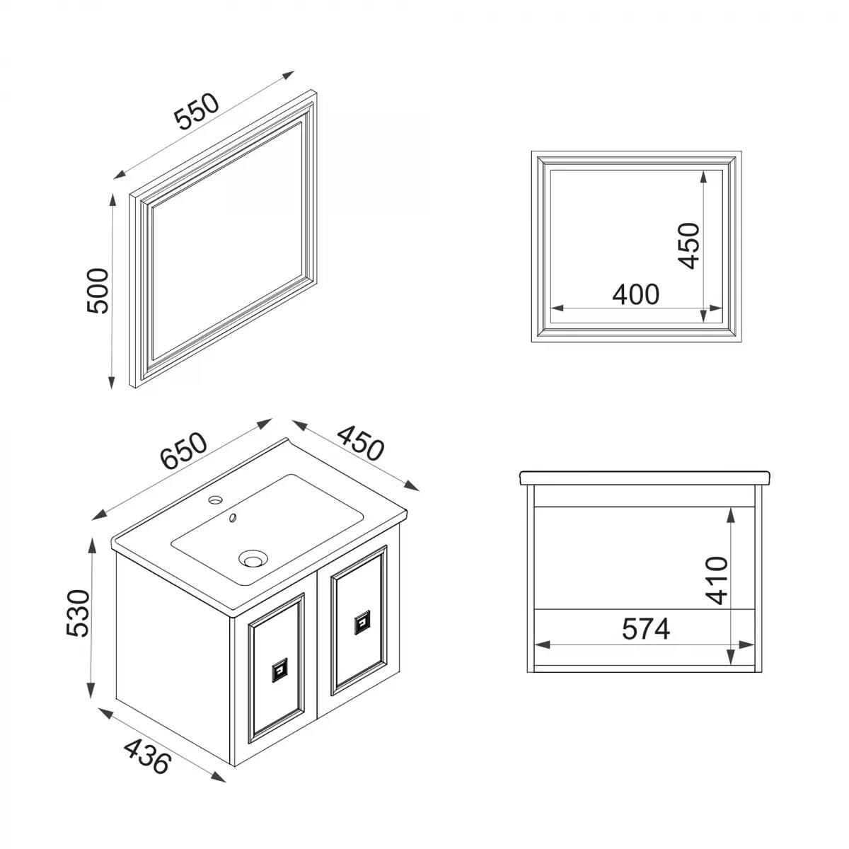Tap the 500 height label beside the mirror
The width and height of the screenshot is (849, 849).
[96, 291]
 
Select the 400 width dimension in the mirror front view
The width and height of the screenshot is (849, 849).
[635, 294]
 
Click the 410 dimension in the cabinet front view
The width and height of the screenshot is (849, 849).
[716, 580]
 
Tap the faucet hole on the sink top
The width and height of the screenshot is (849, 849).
[214, 500]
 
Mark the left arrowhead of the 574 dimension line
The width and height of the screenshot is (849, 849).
[542, 645]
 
